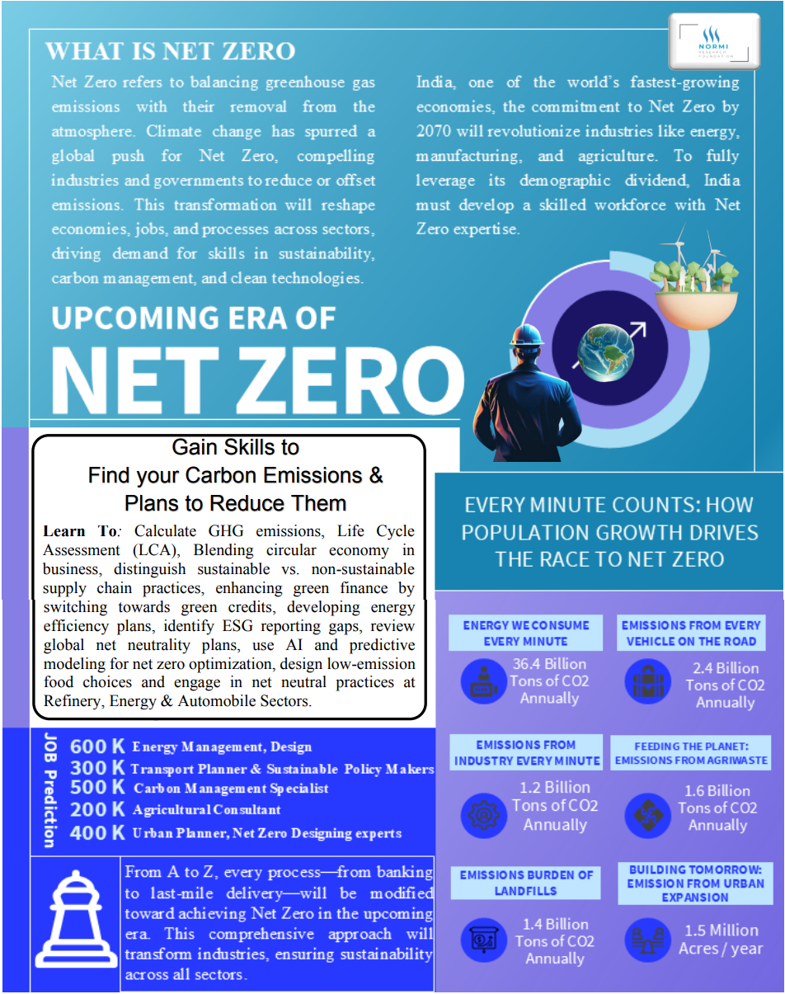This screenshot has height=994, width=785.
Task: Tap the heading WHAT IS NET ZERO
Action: [x=170, y=51]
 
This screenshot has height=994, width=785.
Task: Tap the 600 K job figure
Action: [x=97, y=747]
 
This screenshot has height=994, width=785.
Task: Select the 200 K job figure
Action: [x=97, y=810]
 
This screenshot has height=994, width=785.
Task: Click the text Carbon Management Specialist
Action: [x=231, y=789]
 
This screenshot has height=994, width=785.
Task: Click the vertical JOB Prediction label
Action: [x=49, y=789]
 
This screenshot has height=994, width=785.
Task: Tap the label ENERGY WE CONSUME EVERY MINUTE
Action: [x=525, y=633]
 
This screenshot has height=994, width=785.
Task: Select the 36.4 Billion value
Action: [x=549, y=664]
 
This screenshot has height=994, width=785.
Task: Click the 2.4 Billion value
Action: [x=725, y=668]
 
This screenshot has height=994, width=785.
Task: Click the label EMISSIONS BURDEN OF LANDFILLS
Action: [x=525, y=883]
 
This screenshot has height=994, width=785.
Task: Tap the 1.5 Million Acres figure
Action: [x=722, y=940]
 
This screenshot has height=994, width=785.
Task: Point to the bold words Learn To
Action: [x=77, y=532]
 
